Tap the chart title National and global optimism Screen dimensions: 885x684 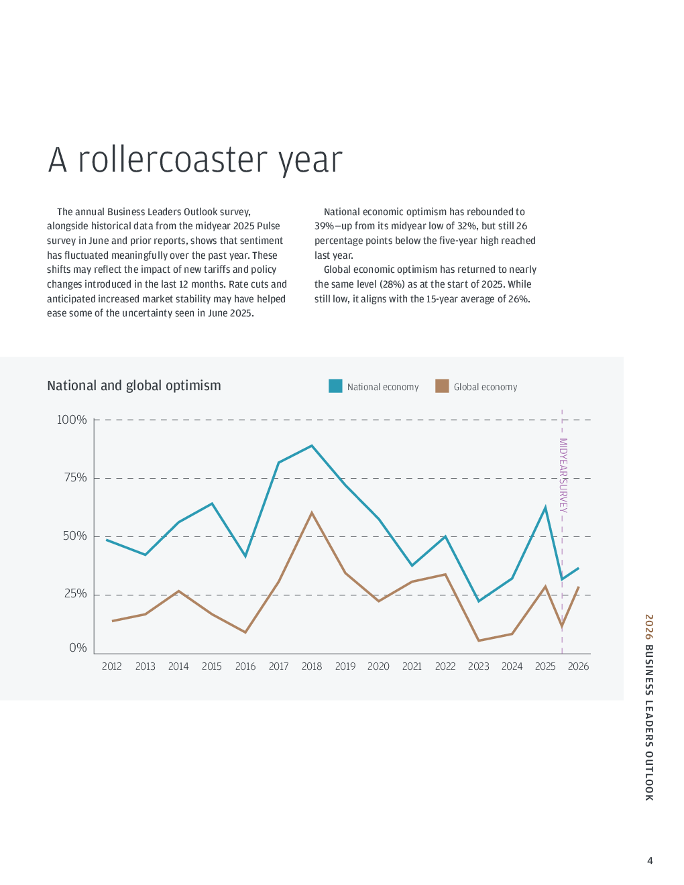pyautogui.click(x=134, y=386)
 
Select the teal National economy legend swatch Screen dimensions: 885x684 pyautogui.click(x=335, y=386)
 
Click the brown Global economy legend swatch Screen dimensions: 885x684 pyautogui.click(x=442, y=386)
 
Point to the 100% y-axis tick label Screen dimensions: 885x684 pyautogui.click(x=72, y=420)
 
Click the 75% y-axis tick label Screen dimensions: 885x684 pyautogui.click(x=75, y=477)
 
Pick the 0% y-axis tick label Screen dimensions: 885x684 pyautogui.click(x=78, y=648)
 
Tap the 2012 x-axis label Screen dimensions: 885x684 pyautogui.click(x=112, y=666)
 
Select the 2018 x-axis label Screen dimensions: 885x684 pyautogui.click(x=312, y=666)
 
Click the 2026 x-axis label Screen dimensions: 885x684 pyautogui.click(x=578, y=666)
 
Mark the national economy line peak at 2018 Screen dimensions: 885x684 pyautogui.click(x=312, y=446)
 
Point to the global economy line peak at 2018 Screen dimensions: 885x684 pyautogui.click(x=312, y=513)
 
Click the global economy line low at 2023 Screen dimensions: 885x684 pyautogui.click(x=479, y=640)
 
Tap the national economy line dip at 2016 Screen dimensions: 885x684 pyautogui.click(x=245, y=556)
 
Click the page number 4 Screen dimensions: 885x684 pyautogui.click(x=649, y=861)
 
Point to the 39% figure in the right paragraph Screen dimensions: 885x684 pyautogui.click(x=324, y=226)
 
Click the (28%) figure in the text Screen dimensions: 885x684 pyautogui.click(x=392, y=284)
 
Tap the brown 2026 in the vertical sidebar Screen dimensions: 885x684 pyautogui.click(x=649, y=626)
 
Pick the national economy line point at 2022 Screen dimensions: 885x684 pyautogui.click(x=445, y=536)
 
